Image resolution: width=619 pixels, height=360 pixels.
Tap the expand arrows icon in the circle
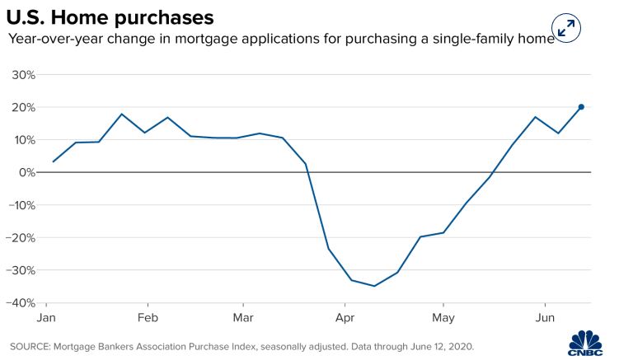(566, 27)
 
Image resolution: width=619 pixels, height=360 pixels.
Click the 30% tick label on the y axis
(22, 75)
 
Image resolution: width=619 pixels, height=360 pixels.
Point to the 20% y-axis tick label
(22, 107)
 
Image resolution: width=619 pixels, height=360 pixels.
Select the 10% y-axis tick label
(22, 140)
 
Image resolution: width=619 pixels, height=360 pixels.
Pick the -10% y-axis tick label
(21, 205)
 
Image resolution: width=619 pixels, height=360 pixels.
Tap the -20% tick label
(21, 237)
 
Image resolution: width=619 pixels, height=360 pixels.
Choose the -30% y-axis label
(21, 270)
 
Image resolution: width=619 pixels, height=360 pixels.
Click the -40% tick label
(21, 302)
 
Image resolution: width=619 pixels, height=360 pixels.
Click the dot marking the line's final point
(581, 106)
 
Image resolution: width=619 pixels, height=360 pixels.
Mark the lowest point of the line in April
(374, 286)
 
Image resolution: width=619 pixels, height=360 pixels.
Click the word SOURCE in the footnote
(31, 346)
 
